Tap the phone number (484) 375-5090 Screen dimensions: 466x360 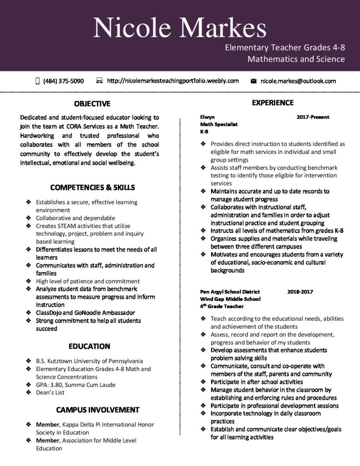pos(63,81)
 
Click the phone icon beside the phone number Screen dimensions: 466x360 pos(37,81)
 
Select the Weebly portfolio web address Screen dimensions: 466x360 pos(172,81)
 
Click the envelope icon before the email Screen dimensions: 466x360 pos(254,81)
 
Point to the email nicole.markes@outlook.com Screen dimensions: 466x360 pos(298,81)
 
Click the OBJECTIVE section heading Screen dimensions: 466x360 pos(92,104)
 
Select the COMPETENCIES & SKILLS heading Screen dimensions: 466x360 pos(92,187)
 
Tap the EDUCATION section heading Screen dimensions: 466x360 pos(89,346)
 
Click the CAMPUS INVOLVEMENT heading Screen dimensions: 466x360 pos(98,410)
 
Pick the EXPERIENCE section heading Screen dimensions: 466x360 pos(273,103)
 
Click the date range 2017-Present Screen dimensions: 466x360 pos(313,117)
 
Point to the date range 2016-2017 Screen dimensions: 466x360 pos(300,292)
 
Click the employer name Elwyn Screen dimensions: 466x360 pos(207,117)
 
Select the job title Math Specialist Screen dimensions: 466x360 pos(219,124)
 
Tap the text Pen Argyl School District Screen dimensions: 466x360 pos(230,292)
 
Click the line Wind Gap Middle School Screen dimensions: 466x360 pos(230,299)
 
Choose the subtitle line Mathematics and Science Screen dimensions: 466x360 pos(296,59)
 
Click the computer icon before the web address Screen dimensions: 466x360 pos(100,81)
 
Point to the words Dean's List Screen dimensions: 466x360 pos(51,393)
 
